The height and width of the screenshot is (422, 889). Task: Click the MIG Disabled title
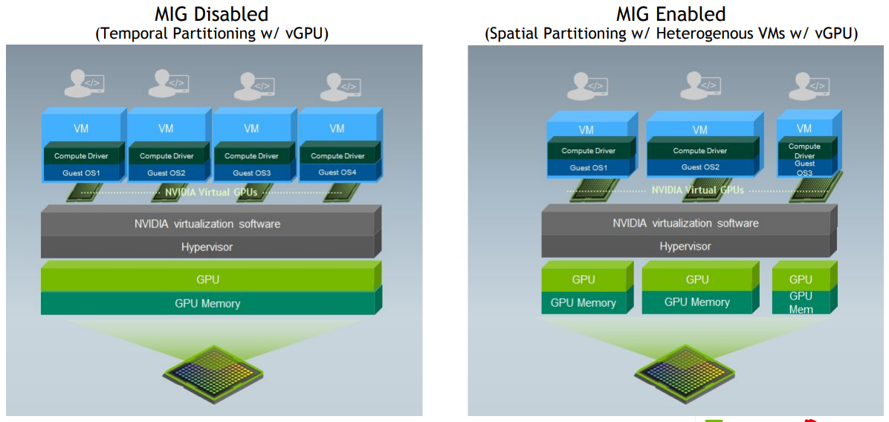click(211, 13)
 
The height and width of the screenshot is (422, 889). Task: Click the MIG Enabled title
click(670, 13)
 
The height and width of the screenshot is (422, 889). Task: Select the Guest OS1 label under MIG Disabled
click(82, 173)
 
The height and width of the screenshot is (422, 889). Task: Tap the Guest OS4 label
click(337, 172)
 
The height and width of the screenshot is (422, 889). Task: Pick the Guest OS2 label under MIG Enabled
click(700, 167)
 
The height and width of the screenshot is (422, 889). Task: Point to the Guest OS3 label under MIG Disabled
click(251, 173)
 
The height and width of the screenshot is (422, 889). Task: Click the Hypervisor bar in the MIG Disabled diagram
click(207, 247)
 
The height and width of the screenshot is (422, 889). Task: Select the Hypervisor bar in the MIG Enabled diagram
click(685, 246)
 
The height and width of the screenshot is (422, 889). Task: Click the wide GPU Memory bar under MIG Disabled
click(207, 303)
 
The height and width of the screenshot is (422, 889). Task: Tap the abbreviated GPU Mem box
click(801, 302)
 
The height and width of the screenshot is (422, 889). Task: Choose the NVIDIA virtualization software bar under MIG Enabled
click(685, 223)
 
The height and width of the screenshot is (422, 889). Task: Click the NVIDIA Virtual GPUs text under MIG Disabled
click(210, 192)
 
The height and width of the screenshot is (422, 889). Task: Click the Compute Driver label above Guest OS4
click(337, 156)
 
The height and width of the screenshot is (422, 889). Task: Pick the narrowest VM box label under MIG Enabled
click(804, 129)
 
